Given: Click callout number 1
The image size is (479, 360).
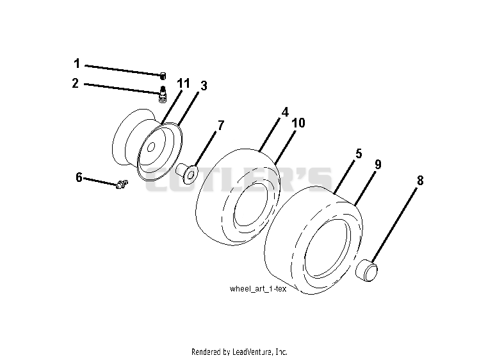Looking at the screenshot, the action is click(x=77, y=63).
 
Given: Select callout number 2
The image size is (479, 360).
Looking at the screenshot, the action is click(x=76, y=83).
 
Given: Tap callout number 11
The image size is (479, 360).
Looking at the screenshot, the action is click(x=183, y=83).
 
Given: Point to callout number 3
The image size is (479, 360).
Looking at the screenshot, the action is click(x=204, y=86).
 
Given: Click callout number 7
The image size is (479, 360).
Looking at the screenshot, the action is click(x=220, y=126).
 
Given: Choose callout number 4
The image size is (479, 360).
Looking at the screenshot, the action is click(x=285, y=112).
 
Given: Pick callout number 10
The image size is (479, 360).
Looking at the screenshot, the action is click(x=298, y=123).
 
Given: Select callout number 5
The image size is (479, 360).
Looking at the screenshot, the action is click(x=359, y=154).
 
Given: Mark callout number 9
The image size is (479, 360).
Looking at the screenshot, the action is click(x=378, y=165).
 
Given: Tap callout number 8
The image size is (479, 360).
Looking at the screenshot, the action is click(x=420, y=181).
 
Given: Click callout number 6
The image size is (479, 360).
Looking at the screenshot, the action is click(x=79, y=177).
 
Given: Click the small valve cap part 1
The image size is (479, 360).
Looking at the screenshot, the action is click(x=163, y=76).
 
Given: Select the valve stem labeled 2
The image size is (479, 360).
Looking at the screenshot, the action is click(x=164, y=94).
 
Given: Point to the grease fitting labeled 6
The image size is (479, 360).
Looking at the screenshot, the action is click(x=122, y=184).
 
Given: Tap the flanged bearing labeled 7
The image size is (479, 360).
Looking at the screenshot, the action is click(x=186, y=174).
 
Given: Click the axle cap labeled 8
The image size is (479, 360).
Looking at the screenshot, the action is click(x=367, y=270).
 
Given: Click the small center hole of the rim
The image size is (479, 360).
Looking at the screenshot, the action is click(x=150, y=148).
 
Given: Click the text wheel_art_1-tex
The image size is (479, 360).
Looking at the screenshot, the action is click(x=258, y=289).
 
